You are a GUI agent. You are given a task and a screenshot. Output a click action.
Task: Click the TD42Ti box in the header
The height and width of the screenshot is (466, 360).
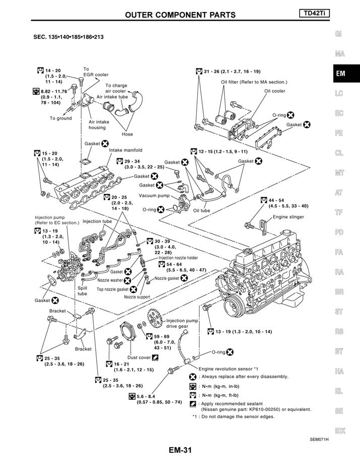pos(315,14)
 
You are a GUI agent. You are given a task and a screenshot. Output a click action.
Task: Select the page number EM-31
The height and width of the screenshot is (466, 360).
pos(181,450)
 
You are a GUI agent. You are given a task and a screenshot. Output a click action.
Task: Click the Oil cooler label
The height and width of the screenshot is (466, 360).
pos(275,91)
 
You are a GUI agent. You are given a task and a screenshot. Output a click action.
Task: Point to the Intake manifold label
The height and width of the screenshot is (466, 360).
pos(126,150)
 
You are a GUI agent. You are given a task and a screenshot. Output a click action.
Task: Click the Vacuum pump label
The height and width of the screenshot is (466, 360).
pos(154,196)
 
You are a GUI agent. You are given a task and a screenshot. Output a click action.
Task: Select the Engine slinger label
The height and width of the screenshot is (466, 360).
pos(288,217)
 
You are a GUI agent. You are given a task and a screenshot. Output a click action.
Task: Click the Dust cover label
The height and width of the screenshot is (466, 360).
pos(139,358)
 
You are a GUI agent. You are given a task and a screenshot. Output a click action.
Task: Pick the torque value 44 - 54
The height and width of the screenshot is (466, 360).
pos(276,200)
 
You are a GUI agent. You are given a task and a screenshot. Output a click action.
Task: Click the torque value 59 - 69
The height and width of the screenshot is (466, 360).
pos(161,337)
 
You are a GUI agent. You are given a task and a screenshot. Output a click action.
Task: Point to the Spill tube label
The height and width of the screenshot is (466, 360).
pos(82,291)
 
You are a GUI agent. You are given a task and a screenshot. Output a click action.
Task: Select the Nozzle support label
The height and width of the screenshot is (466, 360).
pos(137,297)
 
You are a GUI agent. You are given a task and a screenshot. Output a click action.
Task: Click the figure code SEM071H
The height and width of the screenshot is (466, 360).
pos(319,439)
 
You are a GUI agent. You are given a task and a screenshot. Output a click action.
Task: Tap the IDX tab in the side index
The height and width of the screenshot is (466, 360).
pos(340,431)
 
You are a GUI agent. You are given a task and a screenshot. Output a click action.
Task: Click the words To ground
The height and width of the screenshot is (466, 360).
pos(61,119)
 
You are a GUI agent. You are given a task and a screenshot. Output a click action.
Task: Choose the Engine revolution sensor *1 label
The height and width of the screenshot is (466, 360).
pos(228,369)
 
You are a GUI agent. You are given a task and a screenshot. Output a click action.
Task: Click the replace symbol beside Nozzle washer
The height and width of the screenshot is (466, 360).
pos(128,280)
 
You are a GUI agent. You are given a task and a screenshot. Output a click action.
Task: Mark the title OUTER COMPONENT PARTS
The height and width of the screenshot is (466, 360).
pos(181,15)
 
